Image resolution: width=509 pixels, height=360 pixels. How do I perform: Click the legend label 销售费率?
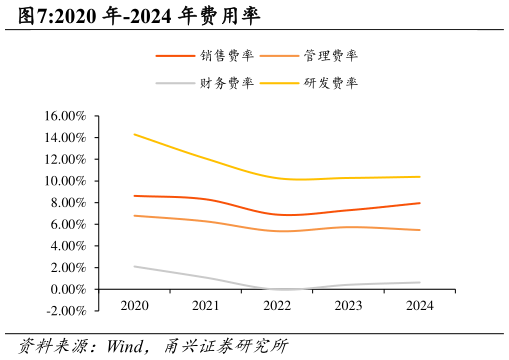tap(226, 56)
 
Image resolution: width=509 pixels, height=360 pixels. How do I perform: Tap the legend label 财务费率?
tap(226, 83)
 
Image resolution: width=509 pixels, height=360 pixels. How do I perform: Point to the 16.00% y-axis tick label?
tap(65, 116)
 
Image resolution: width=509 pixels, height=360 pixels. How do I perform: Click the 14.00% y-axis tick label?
tap(65, 138)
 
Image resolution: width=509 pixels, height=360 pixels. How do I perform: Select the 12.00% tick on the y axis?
tap(65, 159)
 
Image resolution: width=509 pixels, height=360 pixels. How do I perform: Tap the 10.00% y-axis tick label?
tap(65, 181)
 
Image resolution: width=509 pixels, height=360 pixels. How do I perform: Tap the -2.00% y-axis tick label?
tap(66, 311)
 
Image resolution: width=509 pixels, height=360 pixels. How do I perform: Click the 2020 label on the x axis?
tap(134, 305)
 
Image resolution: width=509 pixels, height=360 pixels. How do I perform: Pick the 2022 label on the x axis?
tap(277, 305)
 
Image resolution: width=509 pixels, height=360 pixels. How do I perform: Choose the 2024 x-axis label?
tap(420, 305)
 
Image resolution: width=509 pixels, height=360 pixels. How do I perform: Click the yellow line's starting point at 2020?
tap(134, 134)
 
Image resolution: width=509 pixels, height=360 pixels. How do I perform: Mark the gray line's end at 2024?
tap(420, 282)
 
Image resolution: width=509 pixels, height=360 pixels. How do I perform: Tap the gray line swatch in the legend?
tap(175, 83)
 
